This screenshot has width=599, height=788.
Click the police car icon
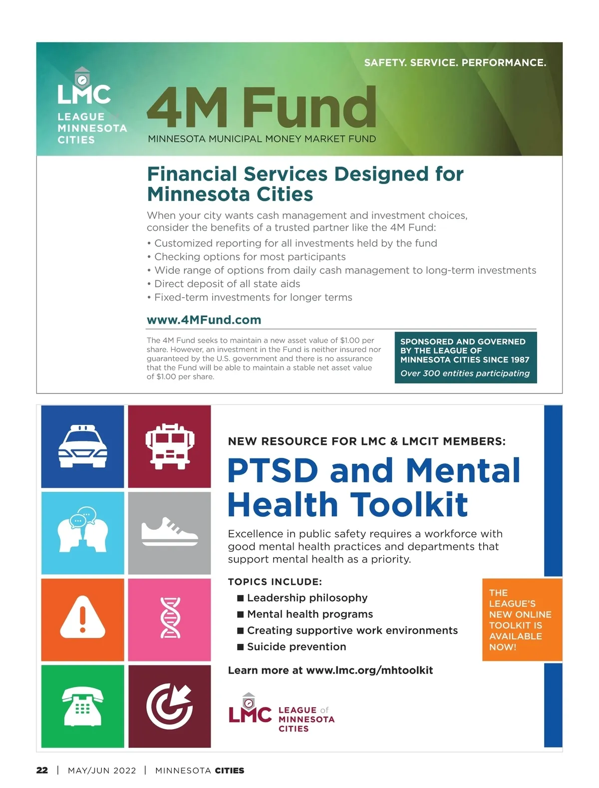(x=82, y=446)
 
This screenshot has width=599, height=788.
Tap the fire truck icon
(x=170, y=446)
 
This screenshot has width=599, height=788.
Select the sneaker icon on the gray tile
(x=170, y=532)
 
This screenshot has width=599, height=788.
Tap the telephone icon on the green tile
(x=82, y=706)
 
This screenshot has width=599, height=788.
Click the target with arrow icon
(x=170, y=706)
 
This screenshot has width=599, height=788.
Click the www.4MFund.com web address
(x=204, y=320)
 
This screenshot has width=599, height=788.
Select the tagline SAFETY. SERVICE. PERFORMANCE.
(x=455, y=63)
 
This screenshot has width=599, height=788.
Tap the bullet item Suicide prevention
(x=296, y=647)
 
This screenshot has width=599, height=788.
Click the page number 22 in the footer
(x=42, y=770)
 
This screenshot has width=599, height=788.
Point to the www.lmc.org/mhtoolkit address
(x=369, y=670)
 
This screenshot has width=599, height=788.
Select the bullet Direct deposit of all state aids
(x=227, y=284)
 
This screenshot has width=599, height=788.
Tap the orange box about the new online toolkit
(x=521, y=620)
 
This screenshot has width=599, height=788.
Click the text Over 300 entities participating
(x=465, y=373)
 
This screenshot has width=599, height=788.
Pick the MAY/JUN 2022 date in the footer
(x=102, y=770)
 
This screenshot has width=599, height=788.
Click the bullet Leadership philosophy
(x=307, y=598)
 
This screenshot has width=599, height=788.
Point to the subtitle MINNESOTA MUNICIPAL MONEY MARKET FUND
(x=262, y=139)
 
